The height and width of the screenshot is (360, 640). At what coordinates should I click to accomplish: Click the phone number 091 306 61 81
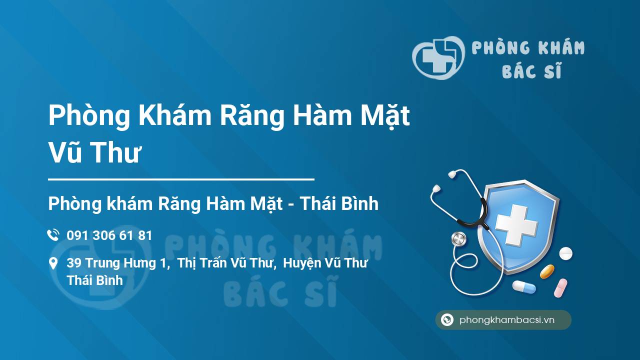(x=109, y=235)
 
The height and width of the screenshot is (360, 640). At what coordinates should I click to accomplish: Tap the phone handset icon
(x=53, y=235)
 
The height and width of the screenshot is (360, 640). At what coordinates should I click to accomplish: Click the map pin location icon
(x=53, y=263)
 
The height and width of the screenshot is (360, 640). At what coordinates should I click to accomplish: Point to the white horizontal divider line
(x=181, y=179)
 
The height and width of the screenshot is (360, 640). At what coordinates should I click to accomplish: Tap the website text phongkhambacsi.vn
(x=507, y=320)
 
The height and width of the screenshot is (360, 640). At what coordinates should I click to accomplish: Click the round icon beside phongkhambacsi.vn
(x=447, y=320)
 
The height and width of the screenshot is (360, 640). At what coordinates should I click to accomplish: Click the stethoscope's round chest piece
(x=458, y=239)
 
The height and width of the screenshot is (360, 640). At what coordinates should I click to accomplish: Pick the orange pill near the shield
(x=547, y=271)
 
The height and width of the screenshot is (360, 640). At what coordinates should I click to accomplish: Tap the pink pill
(x=560, y=287)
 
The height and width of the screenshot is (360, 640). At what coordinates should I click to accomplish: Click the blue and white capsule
(x=524, y=287)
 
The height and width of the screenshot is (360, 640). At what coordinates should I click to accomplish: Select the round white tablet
(x=565, y=253)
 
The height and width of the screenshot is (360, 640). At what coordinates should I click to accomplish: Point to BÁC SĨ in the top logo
(x=531, y=71)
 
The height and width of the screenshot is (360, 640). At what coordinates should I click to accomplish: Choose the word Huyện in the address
(x=302, y=263)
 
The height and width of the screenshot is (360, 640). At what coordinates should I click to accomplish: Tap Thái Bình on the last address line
(x=95, y=280)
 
